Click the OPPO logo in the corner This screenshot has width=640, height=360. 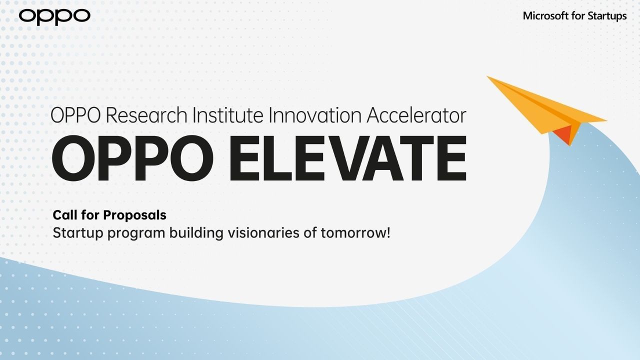tap(54, 16)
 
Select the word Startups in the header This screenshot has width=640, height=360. tap(607, 16)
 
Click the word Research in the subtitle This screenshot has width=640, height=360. tap(146, 115)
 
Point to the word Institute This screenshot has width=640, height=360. tap(227, 115)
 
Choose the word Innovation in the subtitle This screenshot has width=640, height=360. tap(315, 115)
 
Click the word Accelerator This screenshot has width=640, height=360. tap(416, 115)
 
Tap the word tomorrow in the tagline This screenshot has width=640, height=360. tap(353, 233)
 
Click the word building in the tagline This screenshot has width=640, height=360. tap(196, 233)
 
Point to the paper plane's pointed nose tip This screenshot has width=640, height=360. tap(487, 76)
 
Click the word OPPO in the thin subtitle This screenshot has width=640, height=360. tap(75, 115)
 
